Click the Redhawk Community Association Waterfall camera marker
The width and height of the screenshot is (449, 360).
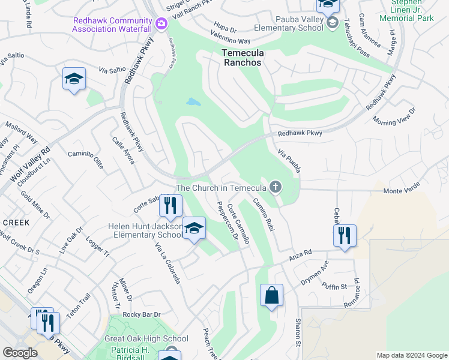[x=161, y=24]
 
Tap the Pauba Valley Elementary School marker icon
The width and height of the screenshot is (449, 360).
[x=333, y=23]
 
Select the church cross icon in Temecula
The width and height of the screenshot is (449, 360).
[x=276, y=187]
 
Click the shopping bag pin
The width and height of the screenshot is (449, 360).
[x=271, y=295]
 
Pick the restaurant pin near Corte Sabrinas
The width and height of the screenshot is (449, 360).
[x=170, y=205]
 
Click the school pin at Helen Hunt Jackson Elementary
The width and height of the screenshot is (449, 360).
[x=194, y=228]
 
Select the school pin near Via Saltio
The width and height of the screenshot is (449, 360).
[x=74, y=79]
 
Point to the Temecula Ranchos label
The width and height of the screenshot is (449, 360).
[x=243, y=58]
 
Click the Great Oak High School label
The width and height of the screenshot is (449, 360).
[x=146, y=339]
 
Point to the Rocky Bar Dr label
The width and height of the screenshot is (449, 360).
[x=142, y=314]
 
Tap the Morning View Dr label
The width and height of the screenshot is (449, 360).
[x=394, y=117]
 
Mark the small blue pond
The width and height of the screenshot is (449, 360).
[x=193, y=102]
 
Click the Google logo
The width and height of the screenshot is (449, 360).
[x=20, y=352]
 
